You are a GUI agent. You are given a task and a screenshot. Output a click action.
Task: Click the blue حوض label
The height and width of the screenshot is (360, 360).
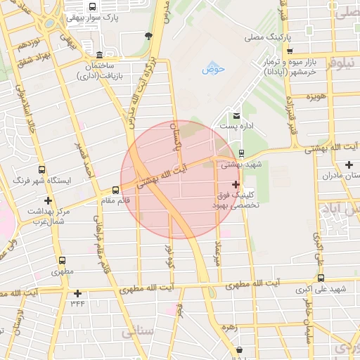(x=212, y=69)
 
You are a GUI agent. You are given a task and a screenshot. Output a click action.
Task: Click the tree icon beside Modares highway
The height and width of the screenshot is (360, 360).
(x=148, y=35)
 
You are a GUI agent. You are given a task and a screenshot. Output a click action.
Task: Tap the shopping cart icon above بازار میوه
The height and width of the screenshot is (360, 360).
(x=289, y=51)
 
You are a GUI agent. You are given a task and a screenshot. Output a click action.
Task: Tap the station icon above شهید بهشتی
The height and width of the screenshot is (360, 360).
(x=242, y=153)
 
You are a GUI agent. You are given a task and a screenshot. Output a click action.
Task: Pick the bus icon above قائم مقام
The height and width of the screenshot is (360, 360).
(x=116, y=189)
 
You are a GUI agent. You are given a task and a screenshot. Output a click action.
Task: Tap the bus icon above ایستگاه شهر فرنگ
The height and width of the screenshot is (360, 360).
(x=42, y=169)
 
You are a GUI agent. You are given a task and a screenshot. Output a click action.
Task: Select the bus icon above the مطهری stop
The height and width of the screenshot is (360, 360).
(x=63, y=259)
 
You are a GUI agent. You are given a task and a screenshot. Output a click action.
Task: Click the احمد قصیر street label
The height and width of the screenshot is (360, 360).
(x=83, y=162)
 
